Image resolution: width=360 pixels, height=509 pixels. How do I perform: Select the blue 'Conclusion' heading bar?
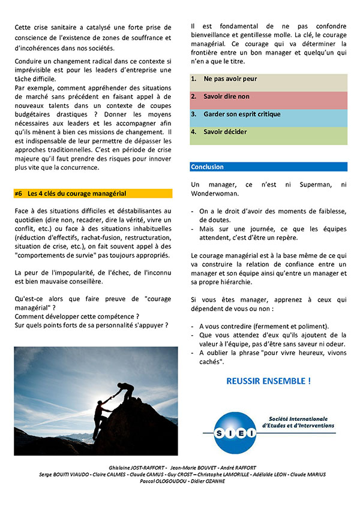[268, 167]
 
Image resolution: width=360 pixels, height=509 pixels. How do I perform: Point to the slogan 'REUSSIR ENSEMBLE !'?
[268, 381]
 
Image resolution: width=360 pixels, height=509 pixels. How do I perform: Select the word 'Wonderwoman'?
[215, 194]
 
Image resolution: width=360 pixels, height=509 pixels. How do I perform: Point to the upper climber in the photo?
[127, 392]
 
